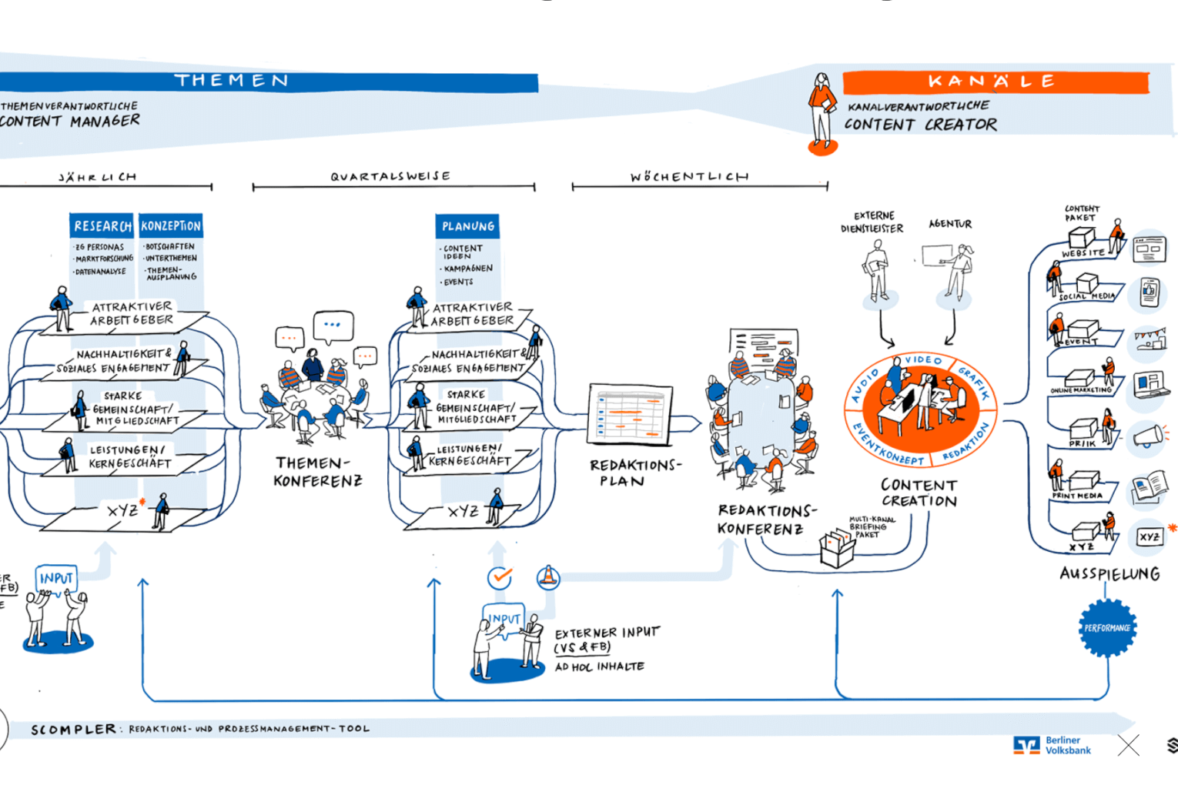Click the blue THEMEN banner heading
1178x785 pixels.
(x=231, y=81)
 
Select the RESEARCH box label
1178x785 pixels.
(x=102, y=226)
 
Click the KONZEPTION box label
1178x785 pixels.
(x=170, y=226)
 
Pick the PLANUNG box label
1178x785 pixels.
(x=467, y=226)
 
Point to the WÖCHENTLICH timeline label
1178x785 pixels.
(x=689, y=177)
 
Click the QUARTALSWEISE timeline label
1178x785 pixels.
(x=390, y=176)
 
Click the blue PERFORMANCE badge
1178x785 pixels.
(x=1107, y=628)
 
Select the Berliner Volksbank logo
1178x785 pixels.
(x=1053, y=745)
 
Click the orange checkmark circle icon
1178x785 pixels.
(x=500, y=577)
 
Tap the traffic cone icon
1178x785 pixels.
(x=548, y=576)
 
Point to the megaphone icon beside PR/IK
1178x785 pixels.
(x=1148, y=436)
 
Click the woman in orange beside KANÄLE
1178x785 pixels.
(x=822, y=112)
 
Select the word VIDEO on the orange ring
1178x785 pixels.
(x=922, y=359)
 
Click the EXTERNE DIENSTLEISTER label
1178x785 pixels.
(x=872, y=222)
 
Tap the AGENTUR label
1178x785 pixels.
(x=950, y=224)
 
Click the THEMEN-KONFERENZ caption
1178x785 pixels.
(x=317, y=472)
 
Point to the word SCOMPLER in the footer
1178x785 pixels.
(x=73, y=729)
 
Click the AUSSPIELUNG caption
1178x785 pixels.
(x=1109, y=573)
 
